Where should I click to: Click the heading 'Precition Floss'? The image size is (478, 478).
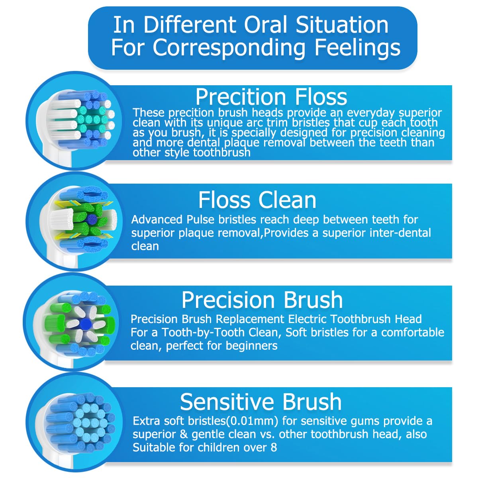(x=271, y=97)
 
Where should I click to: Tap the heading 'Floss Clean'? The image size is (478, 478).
(x=257, y=200)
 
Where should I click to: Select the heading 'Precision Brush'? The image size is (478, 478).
(x=262, y=300)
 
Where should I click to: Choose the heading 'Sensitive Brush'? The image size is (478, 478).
(x=261, y=402)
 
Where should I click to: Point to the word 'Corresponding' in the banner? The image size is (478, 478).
(x=229, y=47)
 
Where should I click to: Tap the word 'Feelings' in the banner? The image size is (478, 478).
(x=357, y=47)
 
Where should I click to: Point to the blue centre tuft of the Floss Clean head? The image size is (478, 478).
(x=92, y=218)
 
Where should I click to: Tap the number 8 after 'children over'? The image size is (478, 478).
(x=273, y=447)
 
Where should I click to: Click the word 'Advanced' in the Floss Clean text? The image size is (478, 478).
(x=157, y=219)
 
